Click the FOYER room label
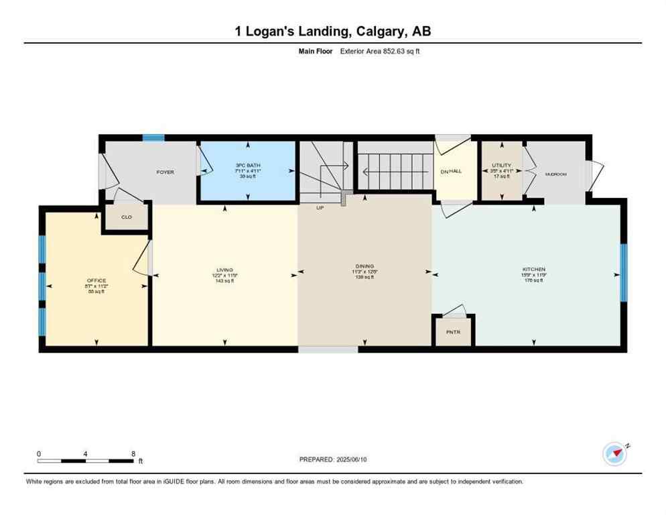point(165,172)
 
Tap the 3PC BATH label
point(247,165)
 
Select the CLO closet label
point(126,217)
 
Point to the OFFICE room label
point(96,280)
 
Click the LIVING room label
point(224,270)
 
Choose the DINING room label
point(365,266)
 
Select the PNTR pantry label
point(454,331)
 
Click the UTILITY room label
point(501,165)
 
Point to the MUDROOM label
point(555,174)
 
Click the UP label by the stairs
point(320,208)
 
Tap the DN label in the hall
point(444,172)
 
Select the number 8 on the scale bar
point(133,453)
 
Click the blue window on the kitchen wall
point(623,273)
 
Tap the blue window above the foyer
point(153,137)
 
